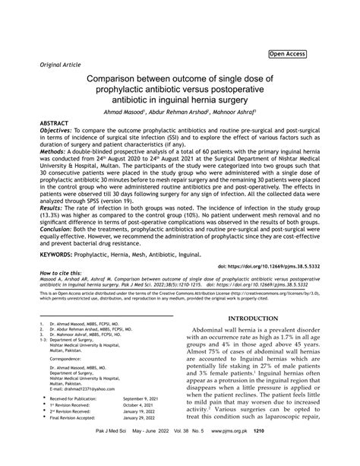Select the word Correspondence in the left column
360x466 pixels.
[65, 357]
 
